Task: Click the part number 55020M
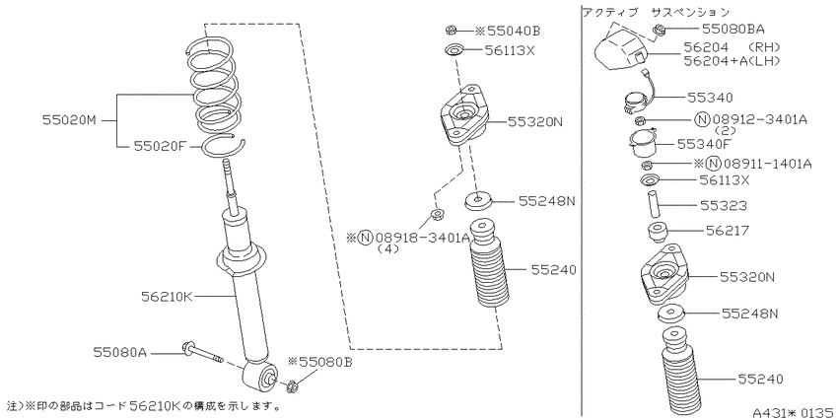tap(69, 121)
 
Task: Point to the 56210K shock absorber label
tap(167, 296)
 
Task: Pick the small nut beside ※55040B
tap(450, 30)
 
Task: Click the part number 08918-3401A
tap(422, 238)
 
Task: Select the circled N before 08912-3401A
tap(704, 119)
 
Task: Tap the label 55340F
tap(703, 143)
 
